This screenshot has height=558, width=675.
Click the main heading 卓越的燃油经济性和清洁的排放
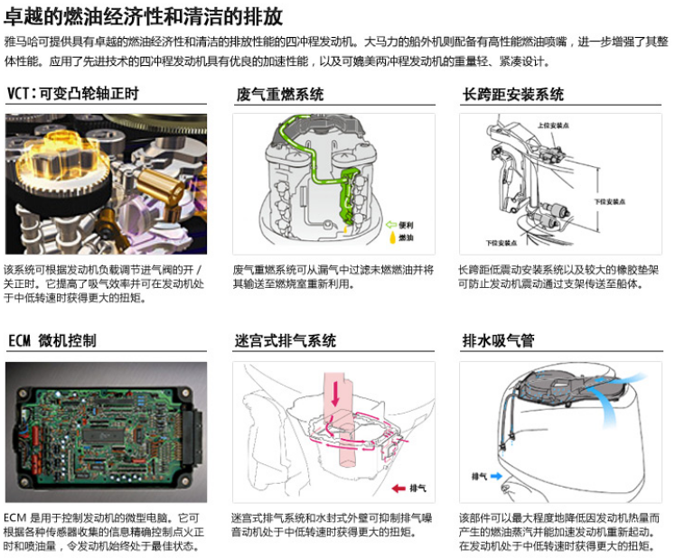click(145, 15)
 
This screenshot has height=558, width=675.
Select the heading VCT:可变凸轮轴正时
click(73, 94)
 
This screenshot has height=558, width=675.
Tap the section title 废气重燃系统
click(279, 94)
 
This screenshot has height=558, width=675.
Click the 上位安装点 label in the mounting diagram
click(549, 126)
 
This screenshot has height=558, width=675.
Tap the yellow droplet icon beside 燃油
click(391, 238)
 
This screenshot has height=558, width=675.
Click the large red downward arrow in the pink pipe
click(335, 395)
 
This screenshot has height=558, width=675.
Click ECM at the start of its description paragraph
click(15, 518)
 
